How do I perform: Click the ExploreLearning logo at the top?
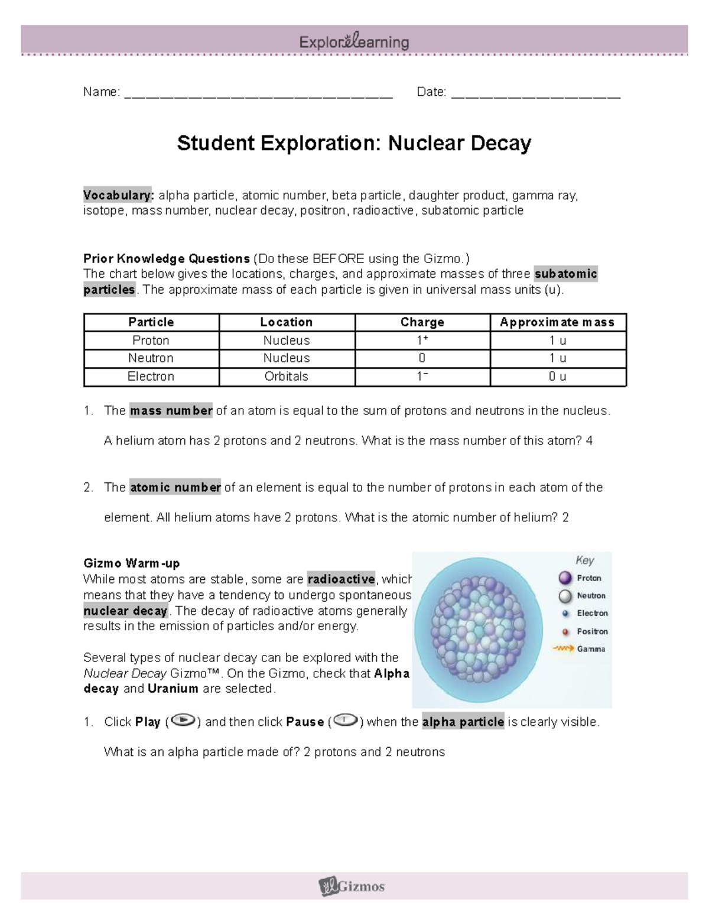coord(354,42)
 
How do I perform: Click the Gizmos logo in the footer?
coord(352,885)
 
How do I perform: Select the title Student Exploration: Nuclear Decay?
coord(354,143)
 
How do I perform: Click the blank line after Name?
coord(259,93)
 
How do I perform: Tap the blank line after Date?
coord(536,93)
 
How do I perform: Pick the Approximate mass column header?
coord(557,322)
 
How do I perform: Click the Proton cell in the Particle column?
coord(151,340)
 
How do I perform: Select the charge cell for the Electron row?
coord(422,377)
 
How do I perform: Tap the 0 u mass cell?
coord(557,377)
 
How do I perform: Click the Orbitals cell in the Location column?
coord(286,377)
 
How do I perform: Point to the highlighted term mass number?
coord(171,411)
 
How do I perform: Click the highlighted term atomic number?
coord(175,488)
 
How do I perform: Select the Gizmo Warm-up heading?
coord(132,563)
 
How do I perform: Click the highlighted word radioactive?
coord(342,579)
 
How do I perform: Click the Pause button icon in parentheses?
coord(345,721)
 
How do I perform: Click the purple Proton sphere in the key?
coord(565,578)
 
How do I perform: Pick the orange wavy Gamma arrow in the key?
coord(564,648)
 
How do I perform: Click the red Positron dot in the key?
coord(565,631)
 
